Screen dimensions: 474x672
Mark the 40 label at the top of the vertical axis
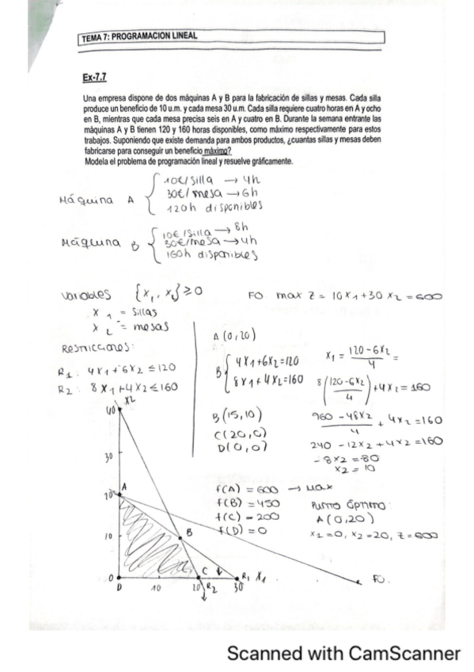pos(109,412)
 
